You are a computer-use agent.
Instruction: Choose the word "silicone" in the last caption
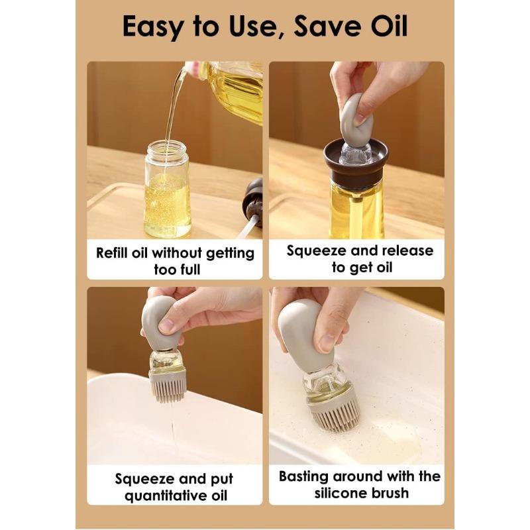(331, 493)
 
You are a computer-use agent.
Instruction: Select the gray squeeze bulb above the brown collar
(356, 119)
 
